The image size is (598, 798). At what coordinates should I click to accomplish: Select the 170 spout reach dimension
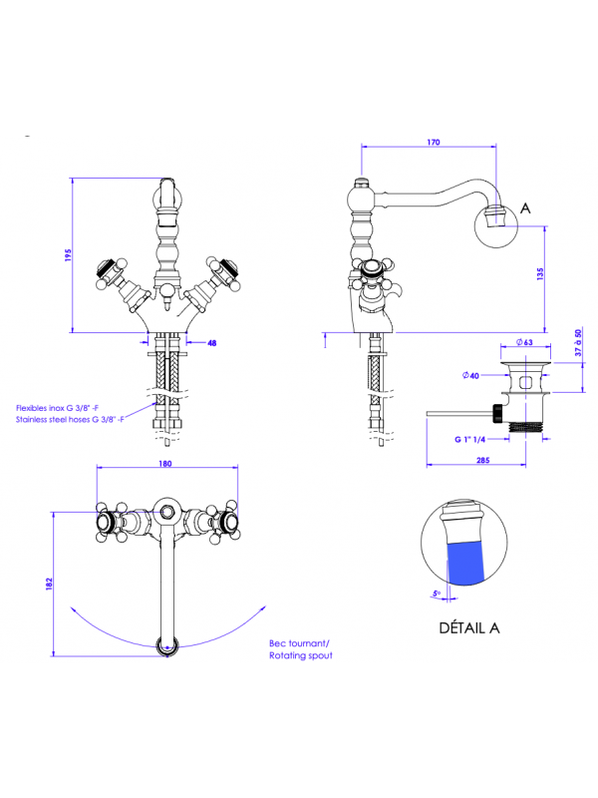tap(433, 143)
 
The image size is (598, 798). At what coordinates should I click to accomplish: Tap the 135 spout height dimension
tap(539, 273)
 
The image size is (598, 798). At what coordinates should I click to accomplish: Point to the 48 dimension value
tap(211, 343)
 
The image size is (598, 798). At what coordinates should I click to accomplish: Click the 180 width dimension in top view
tap(164, 464)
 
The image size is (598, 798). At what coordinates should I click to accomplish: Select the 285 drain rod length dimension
tap(482, 460)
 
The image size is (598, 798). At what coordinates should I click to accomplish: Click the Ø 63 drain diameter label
tap(526, 343)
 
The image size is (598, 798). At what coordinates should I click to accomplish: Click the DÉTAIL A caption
tap(468, 627)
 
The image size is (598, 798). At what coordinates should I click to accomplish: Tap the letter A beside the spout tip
tap(525, 209)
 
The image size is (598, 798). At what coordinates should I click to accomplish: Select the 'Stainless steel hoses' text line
tap(69, 421)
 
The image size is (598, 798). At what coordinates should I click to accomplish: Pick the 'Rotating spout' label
tap(300, 655)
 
